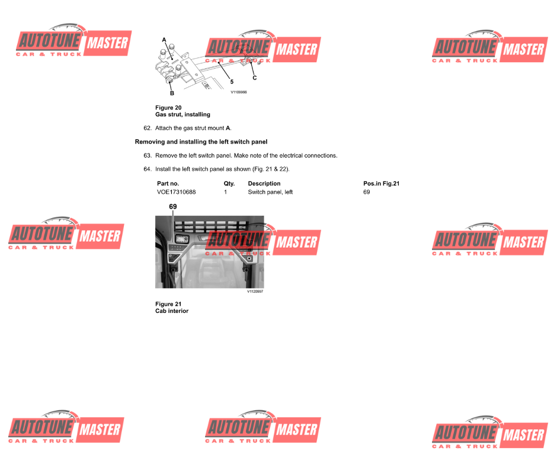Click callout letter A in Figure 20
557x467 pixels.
click(x=164, y=40)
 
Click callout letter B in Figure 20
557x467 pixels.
click(x=172, y=93)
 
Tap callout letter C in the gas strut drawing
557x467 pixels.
click(x=254, y=78)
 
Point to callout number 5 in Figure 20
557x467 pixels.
click(x=232, y=82)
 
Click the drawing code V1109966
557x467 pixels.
click(x=239, y=92)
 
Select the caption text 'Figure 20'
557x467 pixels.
click(x=168, y=108)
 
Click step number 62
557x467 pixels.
click(x=148, y=128)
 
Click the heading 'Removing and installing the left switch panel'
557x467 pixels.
click(x=201, y=142)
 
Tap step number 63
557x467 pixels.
click(x=148, y=156)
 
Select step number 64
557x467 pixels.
click(x=148, y=169)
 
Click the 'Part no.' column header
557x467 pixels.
click(x=168, y=183)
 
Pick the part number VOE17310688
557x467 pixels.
click(x=177, y=192)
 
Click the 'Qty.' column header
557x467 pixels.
click(x=229, y=183)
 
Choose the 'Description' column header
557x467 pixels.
click(x=264, y=183)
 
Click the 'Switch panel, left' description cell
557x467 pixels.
click(x=270, y=192)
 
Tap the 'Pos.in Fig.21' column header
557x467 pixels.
click(x=381, y=183)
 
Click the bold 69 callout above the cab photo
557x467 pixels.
click(x=173, y=206)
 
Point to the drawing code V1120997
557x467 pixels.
click(x=255, y=292)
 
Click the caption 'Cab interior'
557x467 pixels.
click(x=172, y=311)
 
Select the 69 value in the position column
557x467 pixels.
click(x=367, y=192)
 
